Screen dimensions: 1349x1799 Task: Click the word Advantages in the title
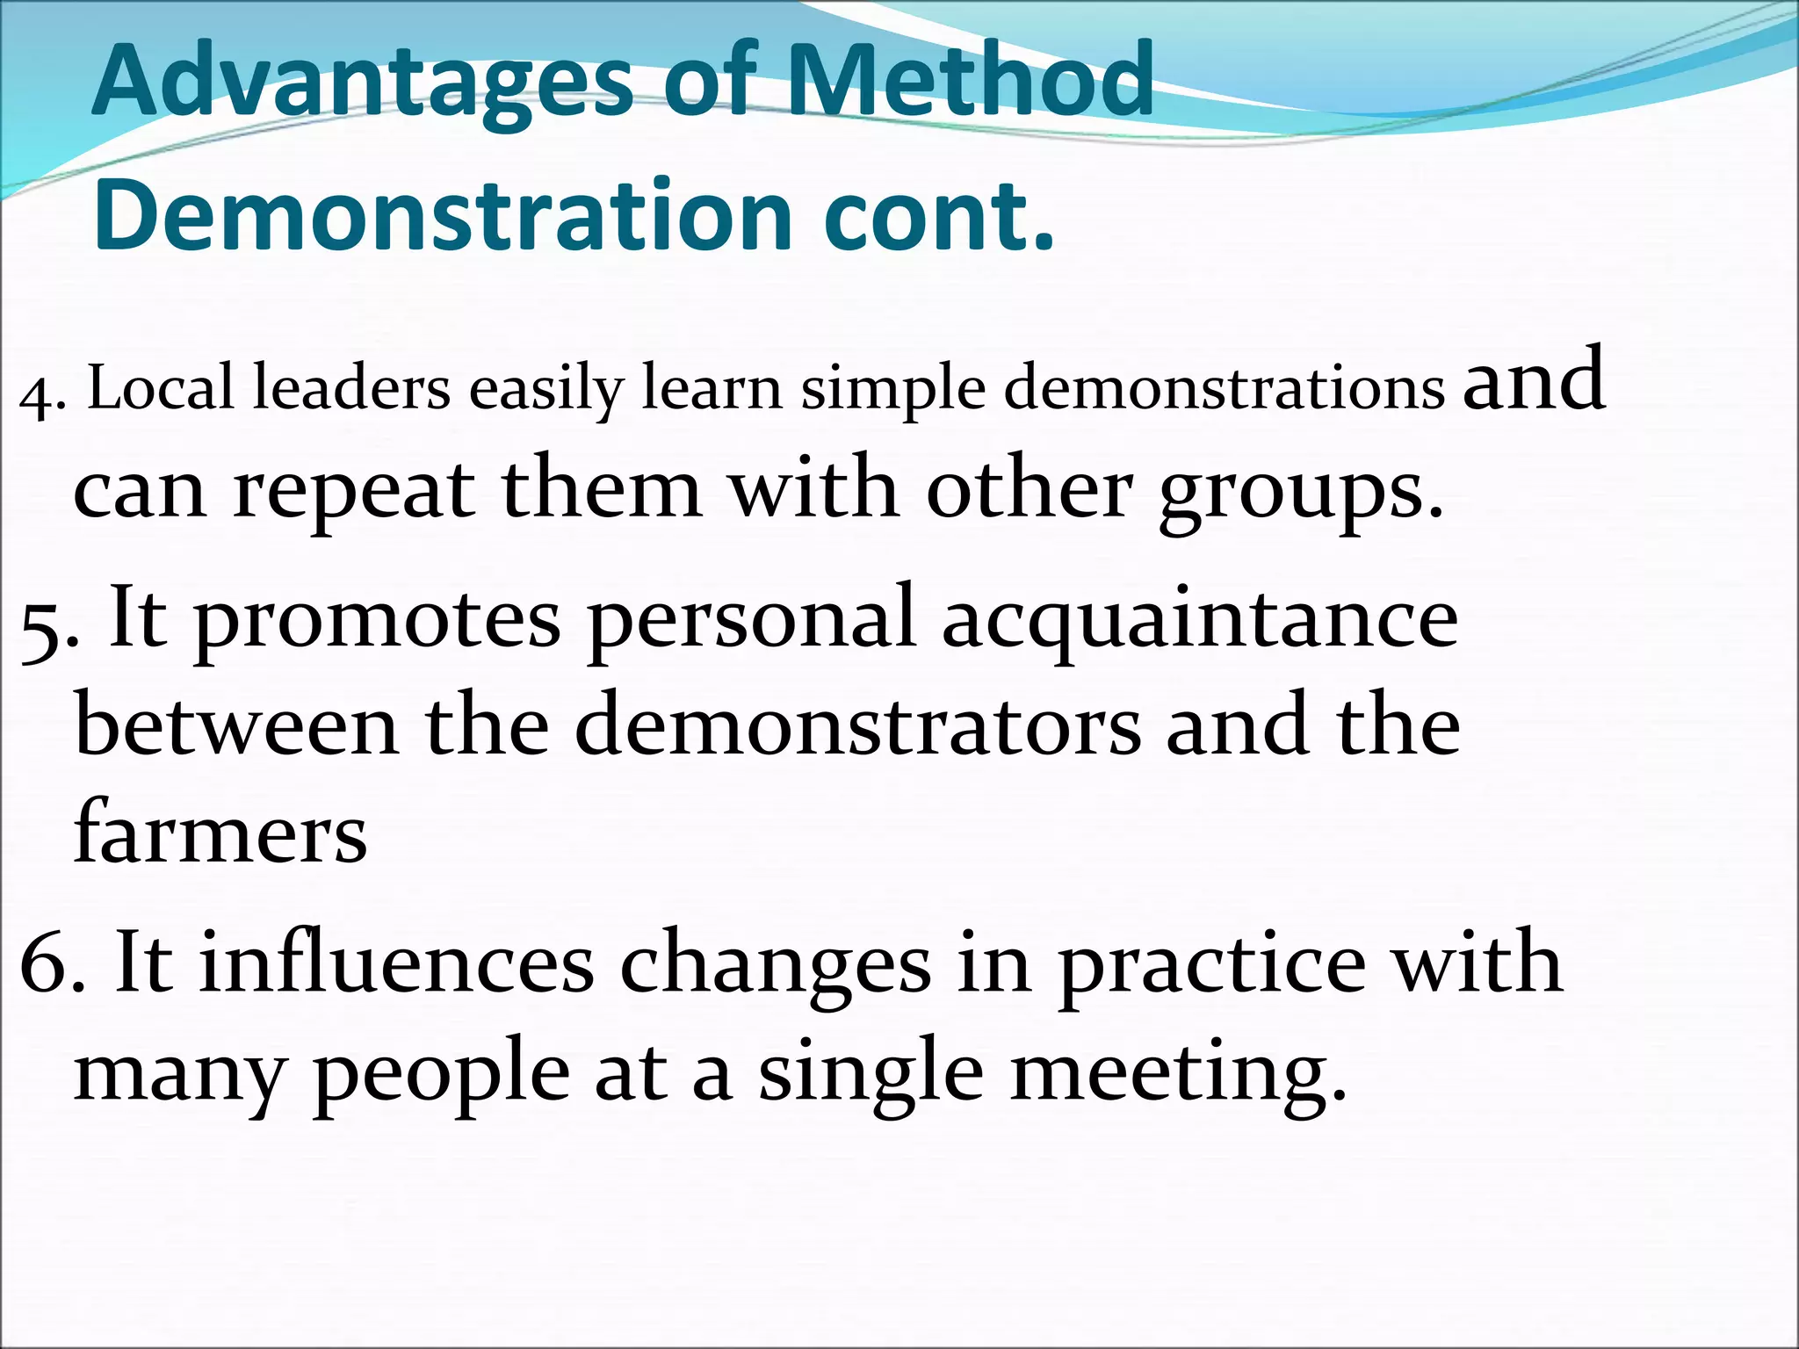coord(362,81)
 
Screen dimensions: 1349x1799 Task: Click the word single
coord(871,1076)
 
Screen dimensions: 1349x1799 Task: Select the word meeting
coord(1177,1076)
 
